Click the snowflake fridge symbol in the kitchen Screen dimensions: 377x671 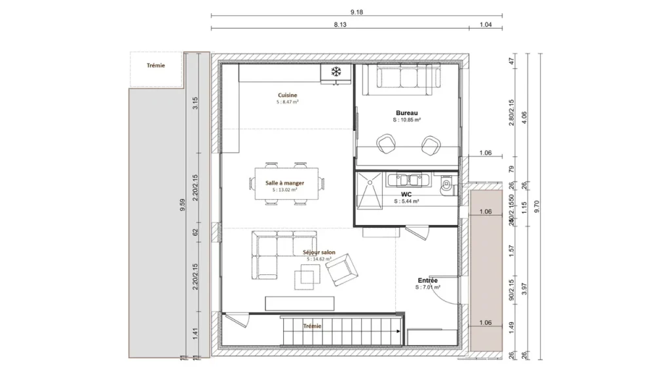[336, 71]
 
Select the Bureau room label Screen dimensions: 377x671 [406, 113]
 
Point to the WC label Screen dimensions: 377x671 [406, 194]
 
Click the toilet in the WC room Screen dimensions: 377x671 [447, 185]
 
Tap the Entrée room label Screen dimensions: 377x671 [427, 280]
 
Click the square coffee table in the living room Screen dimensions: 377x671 [306, 278]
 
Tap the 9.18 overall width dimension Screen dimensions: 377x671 [356, 12]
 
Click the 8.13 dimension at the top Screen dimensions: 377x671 [339, 24]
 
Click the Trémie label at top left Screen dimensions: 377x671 [155, 65]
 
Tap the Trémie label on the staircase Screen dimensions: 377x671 [312, 325]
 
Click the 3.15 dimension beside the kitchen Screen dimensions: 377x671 [195, 103]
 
